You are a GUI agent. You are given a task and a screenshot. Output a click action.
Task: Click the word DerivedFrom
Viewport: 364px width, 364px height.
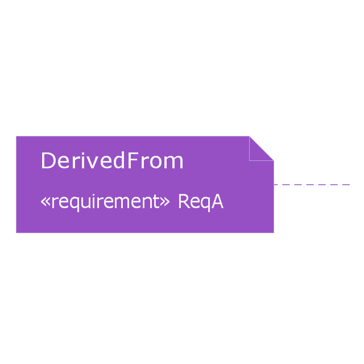[112, 160]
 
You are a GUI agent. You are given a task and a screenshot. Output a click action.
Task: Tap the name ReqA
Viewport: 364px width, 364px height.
[201, 202]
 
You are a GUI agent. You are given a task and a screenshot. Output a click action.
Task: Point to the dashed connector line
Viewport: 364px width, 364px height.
[312, 185]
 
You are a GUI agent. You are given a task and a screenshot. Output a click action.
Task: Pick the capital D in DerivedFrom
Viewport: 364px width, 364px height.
[48, 160]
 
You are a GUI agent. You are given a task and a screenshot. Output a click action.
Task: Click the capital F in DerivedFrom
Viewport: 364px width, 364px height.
[132, 160]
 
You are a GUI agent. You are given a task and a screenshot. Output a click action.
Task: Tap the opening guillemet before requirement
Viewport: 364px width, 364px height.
[45, 202]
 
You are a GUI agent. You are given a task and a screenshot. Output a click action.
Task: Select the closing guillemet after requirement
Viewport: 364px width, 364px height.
[165, 202]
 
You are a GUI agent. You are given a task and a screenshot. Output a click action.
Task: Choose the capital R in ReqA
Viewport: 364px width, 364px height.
[184, 201]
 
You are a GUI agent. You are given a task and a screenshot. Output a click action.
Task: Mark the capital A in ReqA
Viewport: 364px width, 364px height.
[217, 201]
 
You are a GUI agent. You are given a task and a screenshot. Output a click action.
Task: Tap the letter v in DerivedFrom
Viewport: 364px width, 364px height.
[91, 162]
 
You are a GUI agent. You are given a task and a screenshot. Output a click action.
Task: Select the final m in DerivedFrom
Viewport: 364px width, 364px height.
[174, 162]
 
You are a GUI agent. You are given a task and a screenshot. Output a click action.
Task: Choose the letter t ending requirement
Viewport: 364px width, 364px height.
[157, 201]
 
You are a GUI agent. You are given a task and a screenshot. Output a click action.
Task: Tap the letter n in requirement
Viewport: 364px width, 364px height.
[147, 202]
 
